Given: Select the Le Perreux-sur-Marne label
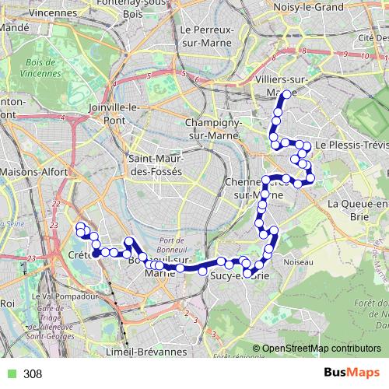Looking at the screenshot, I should pos(206,36).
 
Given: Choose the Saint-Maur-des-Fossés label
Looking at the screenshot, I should pos(154,166).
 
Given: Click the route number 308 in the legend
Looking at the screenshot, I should pos(32,374).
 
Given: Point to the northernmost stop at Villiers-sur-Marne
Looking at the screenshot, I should pos(286,94).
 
